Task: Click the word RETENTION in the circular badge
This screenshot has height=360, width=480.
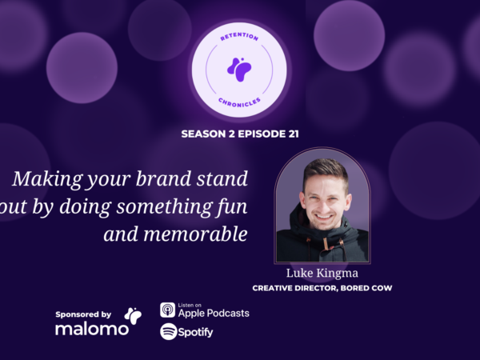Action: (239, 37)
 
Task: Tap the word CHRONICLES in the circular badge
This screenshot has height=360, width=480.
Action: (239, 103)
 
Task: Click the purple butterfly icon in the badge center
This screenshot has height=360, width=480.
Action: (239, 70)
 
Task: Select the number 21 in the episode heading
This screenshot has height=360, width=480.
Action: (294, 134)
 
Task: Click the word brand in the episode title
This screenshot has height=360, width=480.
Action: (163, 178)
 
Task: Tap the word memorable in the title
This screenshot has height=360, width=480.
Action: (195, 234)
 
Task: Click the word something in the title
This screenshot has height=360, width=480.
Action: (164, 207)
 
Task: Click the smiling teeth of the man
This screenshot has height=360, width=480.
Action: (324, 217)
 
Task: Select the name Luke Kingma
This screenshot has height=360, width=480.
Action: (322, 273)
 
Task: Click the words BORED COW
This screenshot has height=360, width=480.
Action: (366, 288)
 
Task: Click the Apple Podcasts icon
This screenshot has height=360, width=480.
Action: (167, 310)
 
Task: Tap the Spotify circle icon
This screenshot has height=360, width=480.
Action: (168, 331)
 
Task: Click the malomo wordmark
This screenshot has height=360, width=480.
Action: (92, 329)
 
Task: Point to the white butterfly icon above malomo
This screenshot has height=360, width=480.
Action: (133, 316)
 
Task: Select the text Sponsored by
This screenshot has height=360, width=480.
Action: (83, 314)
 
